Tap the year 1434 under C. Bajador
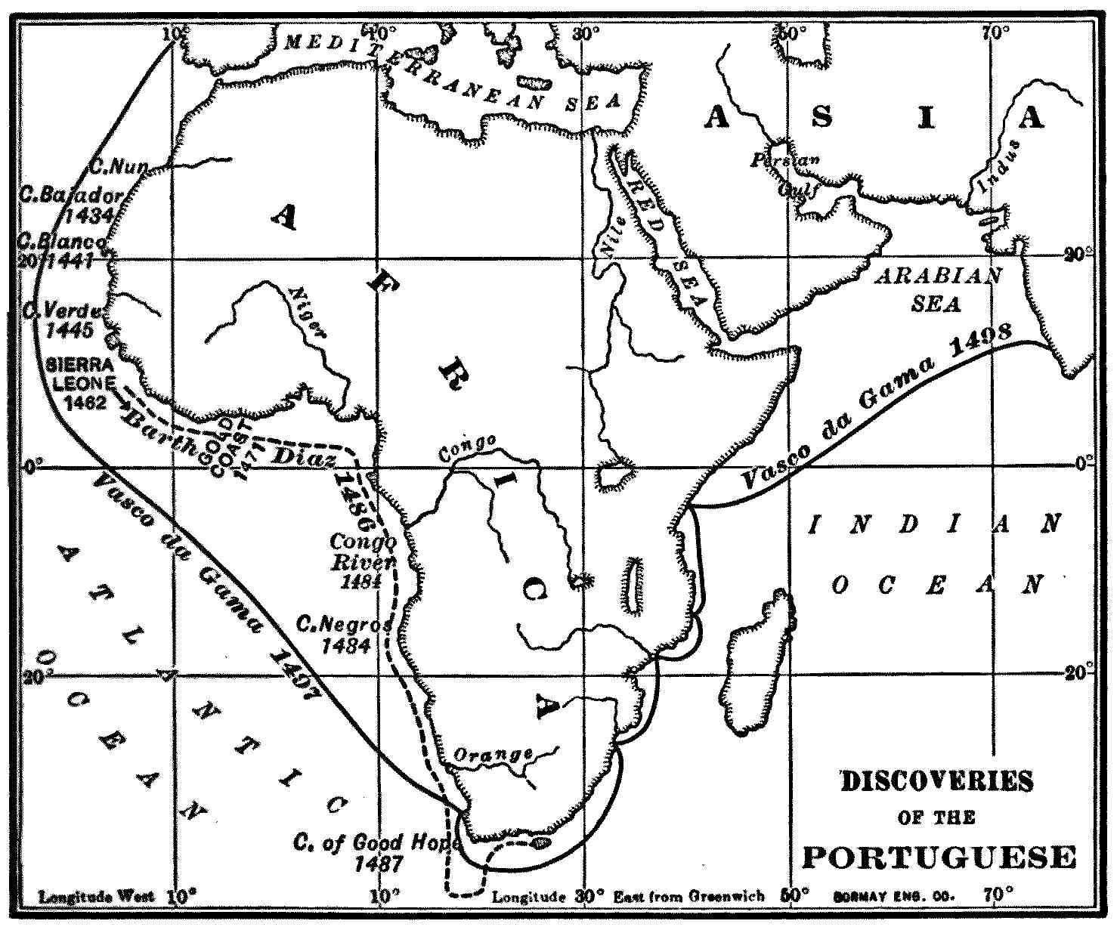(x=88, y=215)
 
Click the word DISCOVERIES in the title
(x=936, y=781)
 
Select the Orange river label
(x=493, y=755)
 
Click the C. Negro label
(x=344, y=626)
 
